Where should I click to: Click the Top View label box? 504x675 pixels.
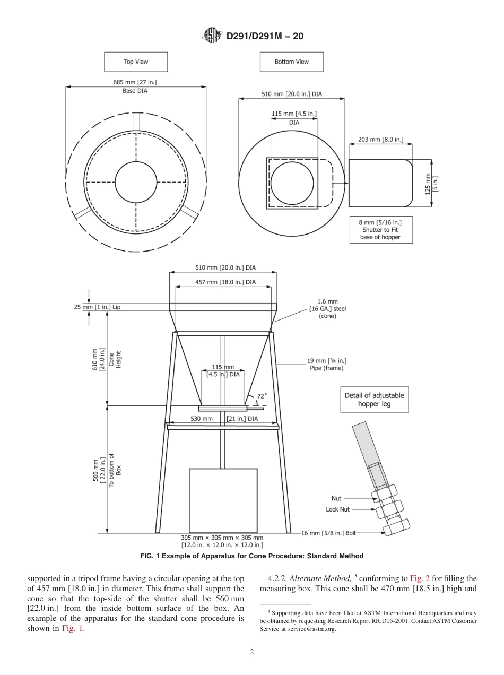point(136,62)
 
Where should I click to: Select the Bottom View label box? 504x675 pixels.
point(291,62)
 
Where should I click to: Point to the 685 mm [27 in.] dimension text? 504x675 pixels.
point(135,82)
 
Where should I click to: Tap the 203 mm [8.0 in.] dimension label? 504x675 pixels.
point(380,139)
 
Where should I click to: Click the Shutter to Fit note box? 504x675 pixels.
point(380,230)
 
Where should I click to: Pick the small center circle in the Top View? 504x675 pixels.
point(136,181)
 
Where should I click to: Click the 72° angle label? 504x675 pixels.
point(262,396)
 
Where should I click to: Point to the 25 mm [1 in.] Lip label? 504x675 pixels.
point(97,307)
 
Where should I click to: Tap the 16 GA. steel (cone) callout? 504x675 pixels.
point(327,309)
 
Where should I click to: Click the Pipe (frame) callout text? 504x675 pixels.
point(326,365)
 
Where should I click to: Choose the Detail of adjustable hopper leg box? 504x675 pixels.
point(374,400)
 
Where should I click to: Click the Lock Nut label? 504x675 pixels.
point(338,509)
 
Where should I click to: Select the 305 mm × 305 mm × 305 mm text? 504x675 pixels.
point(222,538)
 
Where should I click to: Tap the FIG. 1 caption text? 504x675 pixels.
point(251,556)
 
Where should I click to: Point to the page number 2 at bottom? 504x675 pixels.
point(252,652)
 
